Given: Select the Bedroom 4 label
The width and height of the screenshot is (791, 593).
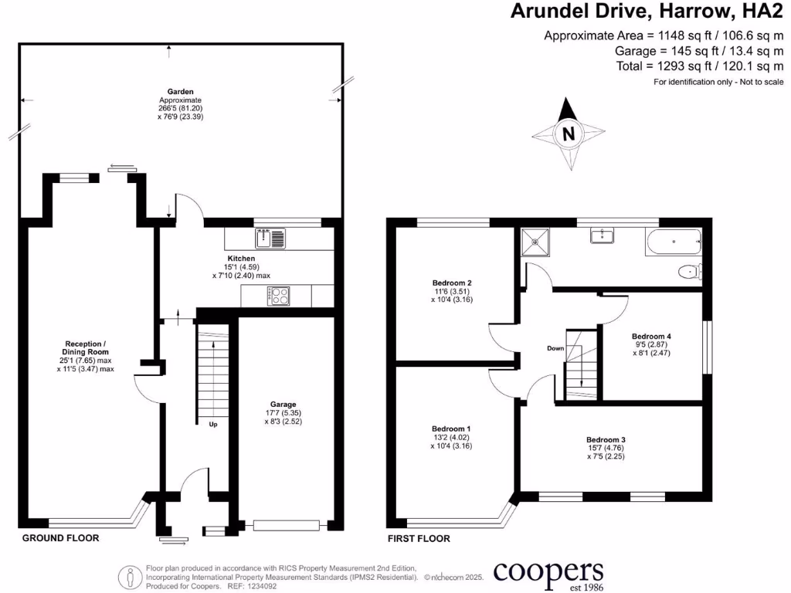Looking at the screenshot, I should coord(651,336).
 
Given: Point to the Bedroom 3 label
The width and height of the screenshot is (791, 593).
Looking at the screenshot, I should coord(606,439).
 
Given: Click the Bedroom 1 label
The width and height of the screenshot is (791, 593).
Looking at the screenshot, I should coord(451,429).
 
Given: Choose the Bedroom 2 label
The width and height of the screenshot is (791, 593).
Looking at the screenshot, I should coord(451,283).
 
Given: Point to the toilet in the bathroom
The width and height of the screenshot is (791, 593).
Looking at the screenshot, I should coord(689,271).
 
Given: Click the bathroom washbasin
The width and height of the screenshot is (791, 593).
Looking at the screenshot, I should coord(602,236).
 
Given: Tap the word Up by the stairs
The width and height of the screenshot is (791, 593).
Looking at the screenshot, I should coord(213,424).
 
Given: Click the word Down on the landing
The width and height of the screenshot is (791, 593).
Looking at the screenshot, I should coord(555,348).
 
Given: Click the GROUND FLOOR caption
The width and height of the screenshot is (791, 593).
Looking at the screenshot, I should coord(60,538).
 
